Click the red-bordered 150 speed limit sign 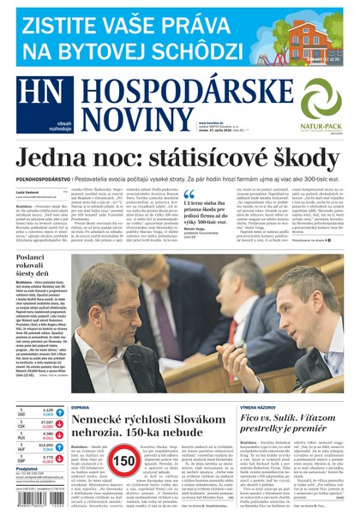point(120,464)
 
